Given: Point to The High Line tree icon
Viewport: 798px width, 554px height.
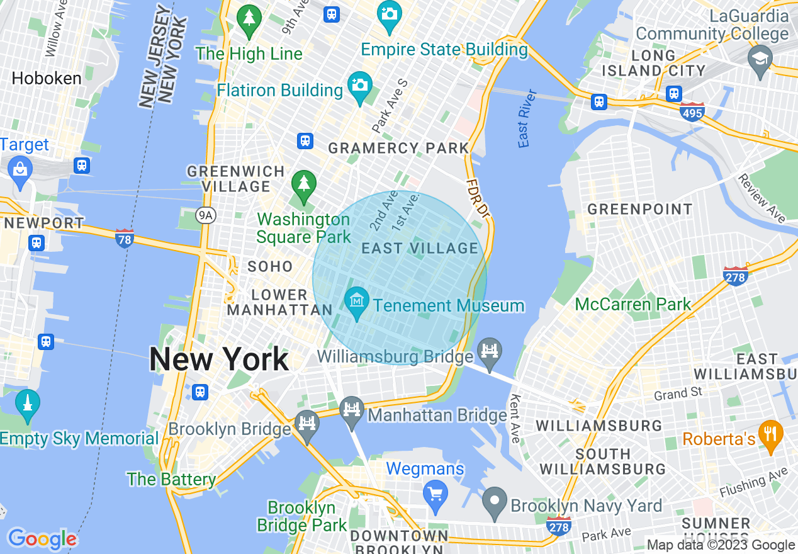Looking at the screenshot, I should pos(250,19).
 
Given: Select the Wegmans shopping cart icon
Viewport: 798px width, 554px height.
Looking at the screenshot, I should pos(435,493).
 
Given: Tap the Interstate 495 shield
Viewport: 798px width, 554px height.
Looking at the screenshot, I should pos(692,111).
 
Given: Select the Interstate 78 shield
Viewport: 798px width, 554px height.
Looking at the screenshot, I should pos(125,239).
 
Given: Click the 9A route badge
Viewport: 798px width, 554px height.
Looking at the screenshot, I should pos(205,216).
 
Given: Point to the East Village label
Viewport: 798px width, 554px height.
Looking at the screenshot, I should pos(420,249).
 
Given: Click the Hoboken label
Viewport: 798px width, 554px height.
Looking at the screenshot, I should pos(47,79).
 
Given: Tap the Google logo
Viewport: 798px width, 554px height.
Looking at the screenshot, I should pos(42,539).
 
